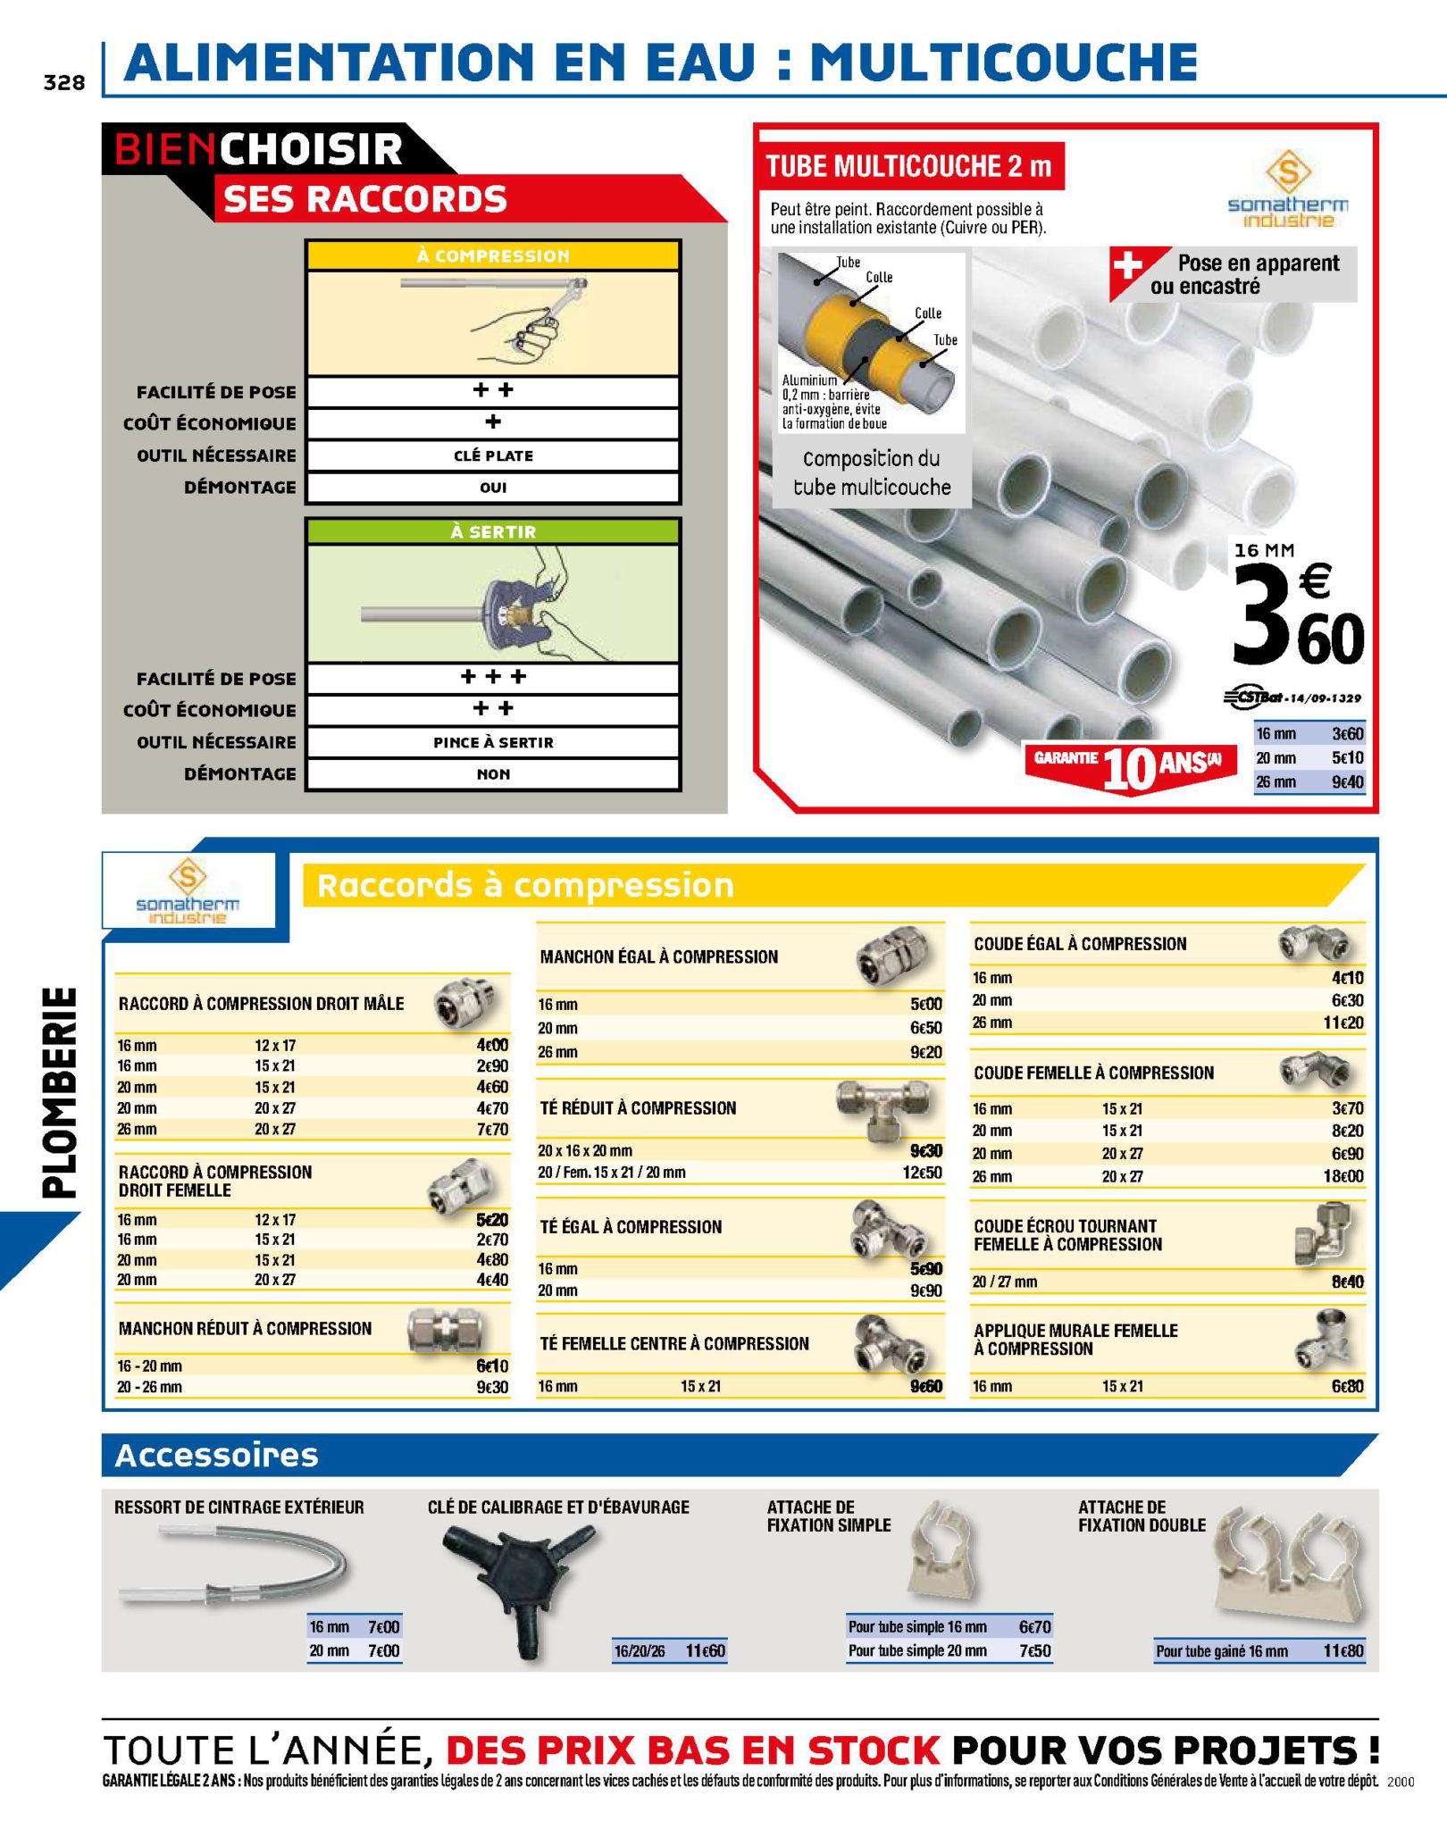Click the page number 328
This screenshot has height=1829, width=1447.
pyautogui.click(x=64, y=82)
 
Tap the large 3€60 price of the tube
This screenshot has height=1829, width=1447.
pyautogui.click(x=1298, y=616)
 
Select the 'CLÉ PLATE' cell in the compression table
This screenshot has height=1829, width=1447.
pyautogui.click(x=493, y=455)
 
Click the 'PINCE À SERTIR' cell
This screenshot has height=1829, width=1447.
pyautogui.click(x=493, y=742)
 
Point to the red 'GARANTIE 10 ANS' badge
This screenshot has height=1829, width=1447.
pyautogui.click(x=1129, y=764)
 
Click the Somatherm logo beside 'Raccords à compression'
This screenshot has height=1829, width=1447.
pyautogui.click(x=188, y=890)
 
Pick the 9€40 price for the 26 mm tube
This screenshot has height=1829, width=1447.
pyautogui.click(x=1347, y=782)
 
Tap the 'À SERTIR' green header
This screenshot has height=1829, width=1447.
pyautogui.click(x=493, y=531)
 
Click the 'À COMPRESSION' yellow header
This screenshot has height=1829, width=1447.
pyautogui.click(x=493, y=255)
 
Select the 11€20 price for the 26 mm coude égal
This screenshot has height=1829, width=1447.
pyautogui.click(x=1343, y=1023)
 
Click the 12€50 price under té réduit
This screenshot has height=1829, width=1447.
pyautogui.click(x=922, y=1172)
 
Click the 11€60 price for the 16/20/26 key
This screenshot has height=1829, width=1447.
pyautogui.click(x=706, y=1650)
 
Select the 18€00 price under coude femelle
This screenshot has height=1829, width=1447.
pyautogui.click(x=1343, y=1176)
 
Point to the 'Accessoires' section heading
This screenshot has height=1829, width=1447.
pyautogui.click(x=217, y=1455)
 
